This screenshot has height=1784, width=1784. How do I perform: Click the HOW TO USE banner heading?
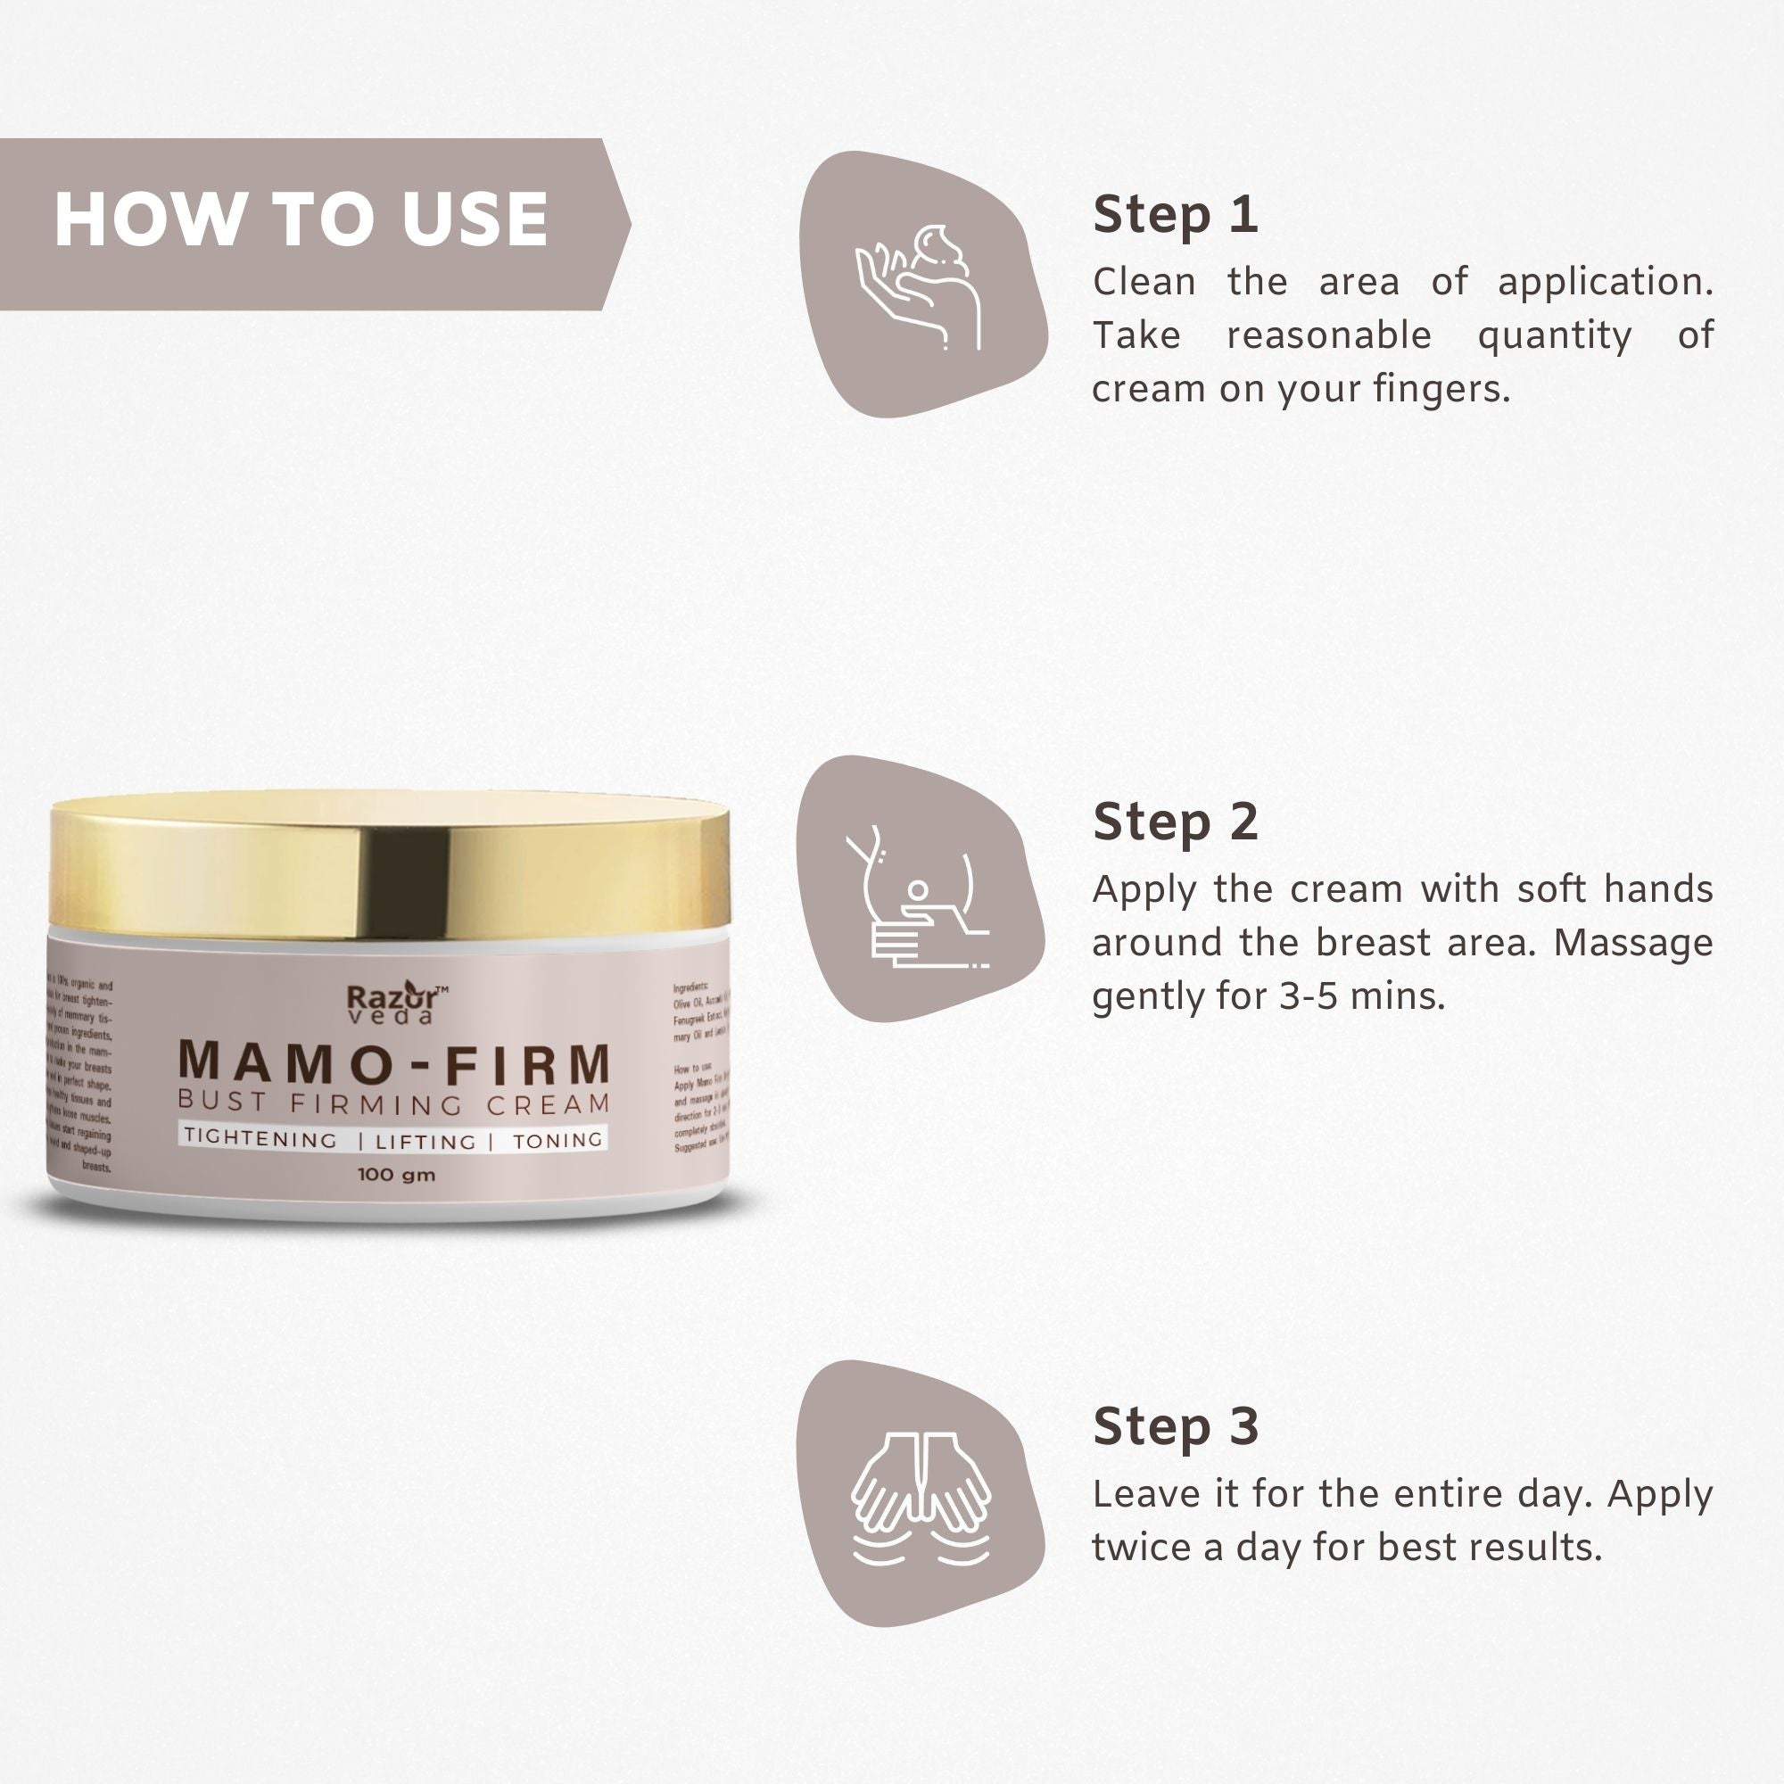coord(301,219)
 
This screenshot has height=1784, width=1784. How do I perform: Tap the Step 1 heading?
coord(1175,215)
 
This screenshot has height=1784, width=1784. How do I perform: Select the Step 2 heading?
coord(1175,821)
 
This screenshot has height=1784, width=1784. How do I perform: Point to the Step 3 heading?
coord(1175,1425)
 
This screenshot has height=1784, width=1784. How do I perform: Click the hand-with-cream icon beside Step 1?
coord(920,286)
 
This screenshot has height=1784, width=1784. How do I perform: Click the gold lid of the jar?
coord(389,866)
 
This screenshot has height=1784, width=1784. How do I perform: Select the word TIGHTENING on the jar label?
coord(261,1138)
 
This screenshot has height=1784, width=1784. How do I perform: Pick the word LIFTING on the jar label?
coord(425,1143)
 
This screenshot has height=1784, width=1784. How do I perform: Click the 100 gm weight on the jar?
coord(396,1176)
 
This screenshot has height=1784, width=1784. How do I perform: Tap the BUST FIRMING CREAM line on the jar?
coord(394,1103)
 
